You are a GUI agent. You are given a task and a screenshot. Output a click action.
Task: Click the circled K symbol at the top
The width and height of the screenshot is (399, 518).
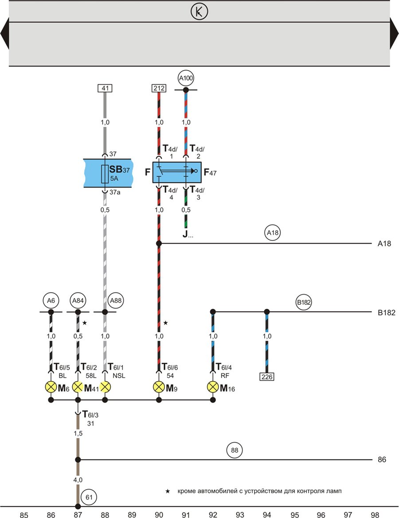pyautogui.click(x=199, y=12)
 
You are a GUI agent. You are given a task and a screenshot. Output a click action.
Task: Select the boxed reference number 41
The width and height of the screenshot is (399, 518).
pyautogui.click(x=105, y=88)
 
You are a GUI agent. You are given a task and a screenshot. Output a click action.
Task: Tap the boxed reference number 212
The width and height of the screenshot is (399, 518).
pyautogui.click(x=159, y=88)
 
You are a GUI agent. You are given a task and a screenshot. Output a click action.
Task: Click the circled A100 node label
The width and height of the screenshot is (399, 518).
pyautogui.click(x=186, y=78)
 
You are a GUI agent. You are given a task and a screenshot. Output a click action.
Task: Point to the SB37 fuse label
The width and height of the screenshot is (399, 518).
pyautogui.click(x=119, y=169)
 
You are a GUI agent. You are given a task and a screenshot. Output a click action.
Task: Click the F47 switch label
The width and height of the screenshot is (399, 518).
pyautogui.click(x=210, y=172)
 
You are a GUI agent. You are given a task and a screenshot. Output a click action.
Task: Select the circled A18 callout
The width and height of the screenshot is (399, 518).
pyautogui.click(x=273, y=232)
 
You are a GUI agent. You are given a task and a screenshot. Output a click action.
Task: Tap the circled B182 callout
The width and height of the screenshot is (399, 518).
pyautogui.click(x=304, y=302)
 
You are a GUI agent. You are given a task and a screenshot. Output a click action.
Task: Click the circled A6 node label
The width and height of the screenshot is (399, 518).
pyautogui.click(x=51, y=300)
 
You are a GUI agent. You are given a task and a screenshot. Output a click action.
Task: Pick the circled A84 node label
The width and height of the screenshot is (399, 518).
pyautogui.click(x=78, y=300)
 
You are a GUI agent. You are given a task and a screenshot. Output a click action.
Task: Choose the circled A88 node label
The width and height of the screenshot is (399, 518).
pyautogui.click(x=116, y=300)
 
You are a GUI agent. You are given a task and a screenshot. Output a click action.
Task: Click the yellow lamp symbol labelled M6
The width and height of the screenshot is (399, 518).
pyautogui.click(x=51, y=387)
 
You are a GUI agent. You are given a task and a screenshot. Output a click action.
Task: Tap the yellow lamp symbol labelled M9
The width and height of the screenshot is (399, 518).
pyautogui.click(x=159, y=387)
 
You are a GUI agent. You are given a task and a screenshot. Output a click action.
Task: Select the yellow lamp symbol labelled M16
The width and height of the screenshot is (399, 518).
pyautogui.click(x=213, y=387)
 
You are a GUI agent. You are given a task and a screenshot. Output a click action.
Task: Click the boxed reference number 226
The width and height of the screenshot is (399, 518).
pyautogui.click(x=267, y=377)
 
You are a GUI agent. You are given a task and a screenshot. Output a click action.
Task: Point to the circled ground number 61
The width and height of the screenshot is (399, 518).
pyautogui.click(x=89, y=497)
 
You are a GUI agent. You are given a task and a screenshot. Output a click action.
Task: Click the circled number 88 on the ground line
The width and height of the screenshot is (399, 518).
pyautogui.click(x=235, y=450)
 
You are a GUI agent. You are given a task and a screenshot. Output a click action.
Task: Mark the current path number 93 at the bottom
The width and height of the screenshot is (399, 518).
pyautogui.click(x=240, y=515)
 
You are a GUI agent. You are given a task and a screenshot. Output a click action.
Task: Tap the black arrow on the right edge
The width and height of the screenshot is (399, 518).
pyautogui.click(x=395, y=33)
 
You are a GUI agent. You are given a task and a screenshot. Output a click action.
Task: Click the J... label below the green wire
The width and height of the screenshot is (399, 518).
pyautogui.click(x=188, y=235)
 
